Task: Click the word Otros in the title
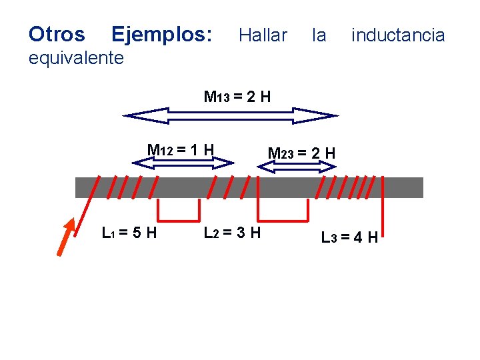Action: tap(57, 34)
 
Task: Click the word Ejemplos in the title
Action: tap(162, 34)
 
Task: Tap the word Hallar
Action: tap(263, 35)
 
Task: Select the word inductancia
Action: tap(398, 35)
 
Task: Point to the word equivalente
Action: tap(76, 58)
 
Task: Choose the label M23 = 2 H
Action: tap(301, 153)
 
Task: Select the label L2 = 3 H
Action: tap(232, 233)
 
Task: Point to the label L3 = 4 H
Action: tap(349, 237)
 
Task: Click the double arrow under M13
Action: tap(231, 116)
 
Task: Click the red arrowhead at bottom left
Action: tap(66, 237)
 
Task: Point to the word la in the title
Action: tap(319, 35)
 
